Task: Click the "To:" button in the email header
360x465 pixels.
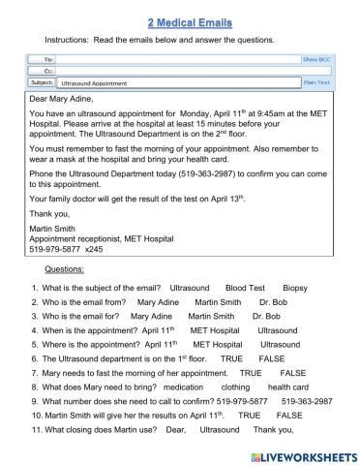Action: coord(44,60)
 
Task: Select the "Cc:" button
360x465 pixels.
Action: coord(44,71)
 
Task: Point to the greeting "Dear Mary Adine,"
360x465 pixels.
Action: coord(65,99)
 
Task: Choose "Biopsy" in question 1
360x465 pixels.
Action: coord(295,262)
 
